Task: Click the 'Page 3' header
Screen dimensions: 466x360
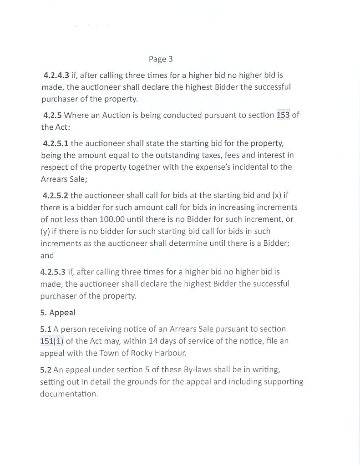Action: click(x=161, y=59)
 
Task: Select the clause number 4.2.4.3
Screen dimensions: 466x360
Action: click(x=56, y=74)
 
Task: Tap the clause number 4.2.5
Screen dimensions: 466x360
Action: click(x=52, y=115)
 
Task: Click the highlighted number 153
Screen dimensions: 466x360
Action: click(x=283, y=115)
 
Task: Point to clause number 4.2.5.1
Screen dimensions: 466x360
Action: click(x=56, y=143)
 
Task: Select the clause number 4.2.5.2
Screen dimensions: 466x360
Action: click(x=56, y=196)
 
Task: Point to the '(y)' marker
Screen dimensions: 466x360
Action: click(x=45, y=231)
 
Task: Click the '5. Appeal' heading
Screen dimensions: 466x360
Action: click(x=57, y=313)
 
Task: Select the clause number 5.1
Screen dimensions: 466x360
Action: click(x=46, y=329)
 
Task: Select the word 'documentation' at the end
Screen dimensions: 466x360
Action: click(x=68, y=394)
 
